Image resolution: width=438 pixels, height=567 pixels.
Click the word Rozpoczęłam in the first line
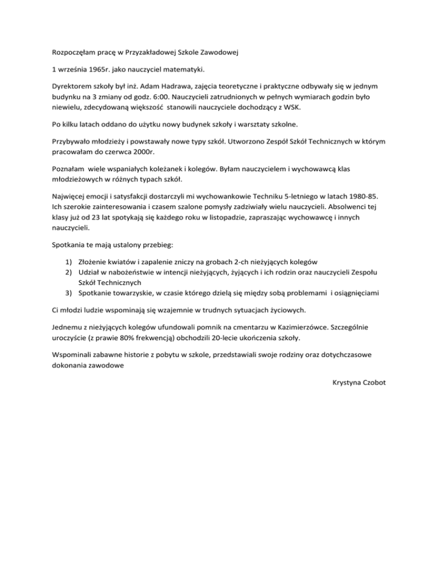pyautogui.click(x=72, y=54)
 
